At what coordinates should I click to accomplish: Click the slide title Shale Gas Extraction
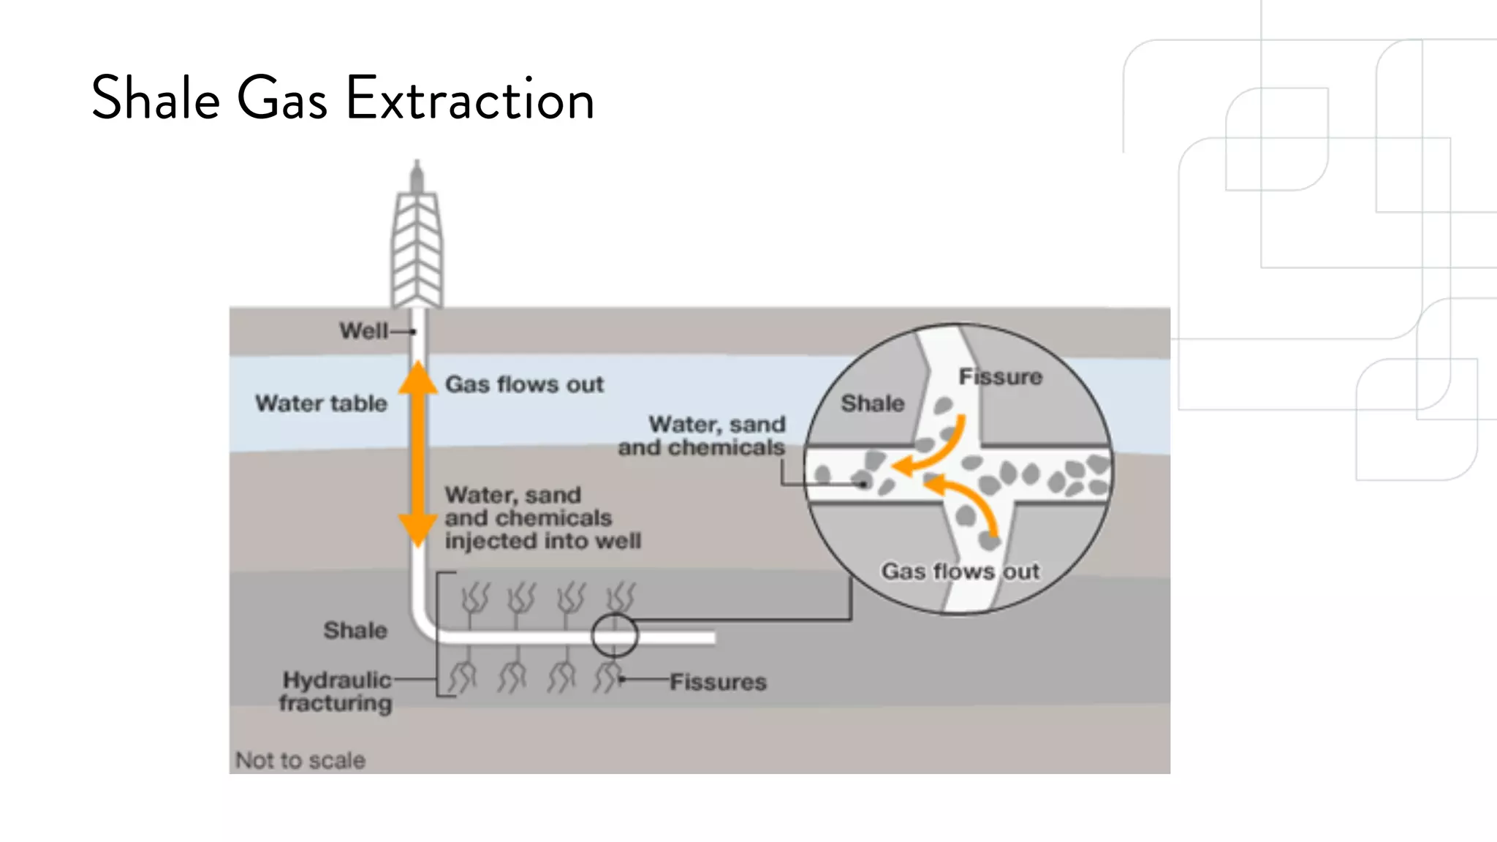tap(342, 98)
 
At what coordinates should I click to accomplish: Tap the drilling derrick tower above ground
tap(417, 241)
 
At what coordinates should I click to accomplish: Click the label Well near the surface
tap(363, 331)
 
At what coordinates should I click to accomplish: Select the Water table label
tap(321, 403)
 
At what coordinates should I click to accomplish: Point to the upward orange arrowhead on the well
tap(417, 379)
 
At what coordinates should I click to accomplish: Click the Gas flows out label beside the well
tap(524, 384)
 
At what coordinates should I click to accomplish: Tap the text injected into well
tap(542, 542)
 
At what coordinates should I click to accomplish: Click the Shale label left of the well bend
tap(355, 630)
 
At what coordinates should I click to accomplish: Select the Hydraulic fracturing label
tap(336, 691)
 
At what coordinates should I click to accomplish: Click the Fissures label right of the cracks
tap(718, 682)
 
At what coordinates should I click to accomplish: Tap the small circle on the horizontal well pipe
tap(614, 636)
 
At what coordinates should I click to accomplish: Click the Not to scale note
tap(300, 760)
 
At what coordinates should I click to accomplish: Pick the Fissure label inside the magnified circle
tap(1000, 377)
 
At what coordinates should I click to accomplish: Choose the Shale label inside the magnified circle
tap(872, 403)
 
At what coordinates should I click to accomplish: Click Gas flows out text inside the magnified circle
tap(960, 572)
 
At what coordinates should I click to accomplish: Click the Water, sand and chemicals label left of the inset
tap(702, 436)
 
